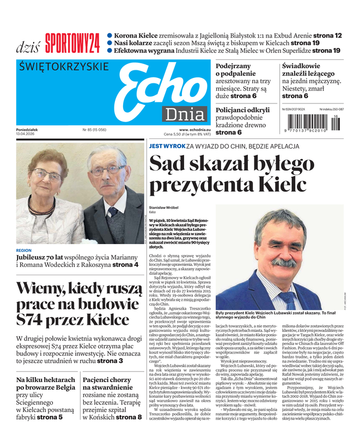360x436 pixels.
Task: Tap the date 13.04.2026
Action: click(x=29, y=134)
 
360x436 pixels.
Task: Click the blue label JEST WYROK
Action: click(x=167, y=147)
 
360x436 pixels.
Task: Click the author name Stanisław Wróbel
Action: click(x=165, y=208)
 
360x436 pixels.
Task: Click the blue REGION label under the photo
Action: click(x=24, y=251)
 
